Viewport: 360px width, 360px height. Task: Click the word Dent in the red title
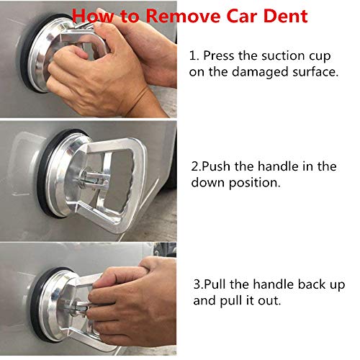286,16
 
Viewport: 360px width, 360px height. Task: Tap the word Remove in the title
183,16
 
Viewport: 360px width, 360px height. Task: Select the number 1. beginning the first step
194,55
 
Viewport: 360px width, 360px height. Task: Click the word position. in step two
255,184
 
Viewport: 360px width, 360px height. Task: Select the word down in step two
207,183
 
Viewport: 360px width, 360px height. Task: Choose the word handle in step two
278,166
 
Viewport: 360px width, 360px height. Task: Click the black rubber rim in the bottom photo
34,305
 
